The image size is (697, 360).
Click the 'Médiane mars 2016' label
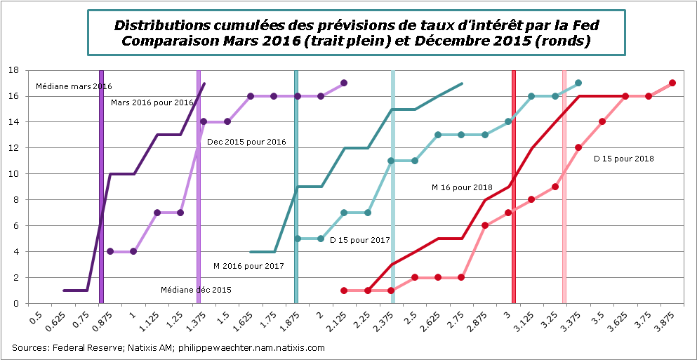[74, 86]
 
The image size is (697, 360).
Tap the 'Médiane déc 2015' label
[196, 289]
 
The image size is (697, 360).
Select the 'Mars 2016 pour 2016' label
[152, 102]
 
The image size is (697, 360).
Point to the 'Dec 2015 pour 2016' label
[246, 142]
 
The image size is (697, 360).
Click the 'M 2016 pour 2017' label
[248, 266]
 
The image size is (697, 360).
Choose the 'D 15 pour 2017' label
[359, 240]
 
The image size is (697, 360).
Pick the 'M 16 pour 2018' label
[462, 187]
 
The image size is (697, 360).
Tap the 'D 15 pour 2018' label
[623, 159]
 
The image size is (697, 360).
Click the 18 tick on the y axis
[14, 70]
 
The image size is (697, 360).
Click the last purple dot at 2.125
[344, 83]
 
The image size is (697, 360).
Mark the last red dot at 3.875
[672, 83]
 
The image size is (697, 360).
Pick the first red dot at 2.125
[344, 291]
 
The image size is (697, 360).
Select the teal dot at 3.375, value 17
[578, 83]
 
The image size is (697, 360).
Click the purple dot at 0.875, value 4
[110, 251]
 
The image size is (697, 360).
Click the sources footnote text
[168, 347]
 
